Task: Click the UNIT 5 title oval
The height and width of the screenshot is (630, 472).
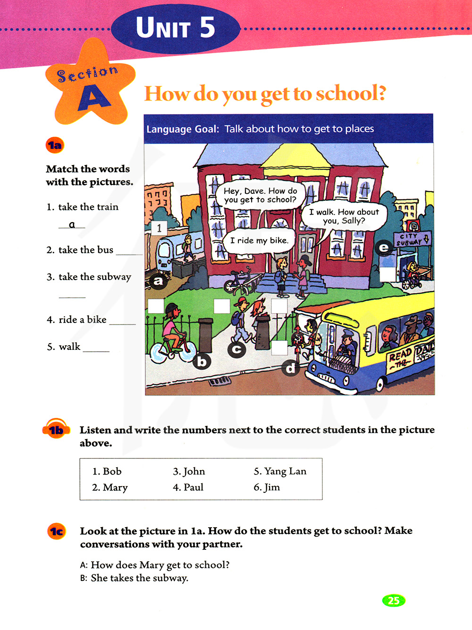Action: click(x=176, y=28)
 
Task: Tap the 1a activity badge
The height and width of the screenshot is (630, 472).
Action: click(x=55, y=145)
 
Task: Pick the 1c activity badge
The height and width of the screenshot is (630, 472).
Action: click(x=57, y=531)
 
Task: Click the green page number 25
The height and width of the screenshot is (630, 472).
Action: click(x=393, y=600)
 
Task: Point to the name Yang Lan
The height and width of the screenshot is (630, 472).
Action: click(x=280, y=471)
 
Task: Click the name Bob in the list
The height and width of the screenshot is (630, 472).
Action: click(x=107, y=471)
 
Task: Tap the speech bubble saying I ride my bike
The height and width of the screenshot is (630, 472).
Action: click(x=259, y=240)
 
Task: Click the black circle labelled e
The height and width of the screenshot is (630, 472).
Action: click(x=384, y=248)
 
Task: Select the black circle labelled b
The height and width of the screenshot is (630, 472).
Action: click(x=202, y=362)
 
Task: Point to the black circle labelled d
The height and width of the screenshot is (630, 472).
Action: click(x=291, y=368)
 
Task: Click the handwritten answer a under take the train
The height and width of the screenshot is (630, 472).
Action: click(x=72, y=224)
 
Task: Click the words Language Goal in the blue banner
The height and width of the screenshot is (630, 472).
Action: click(x=182, y=129)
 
